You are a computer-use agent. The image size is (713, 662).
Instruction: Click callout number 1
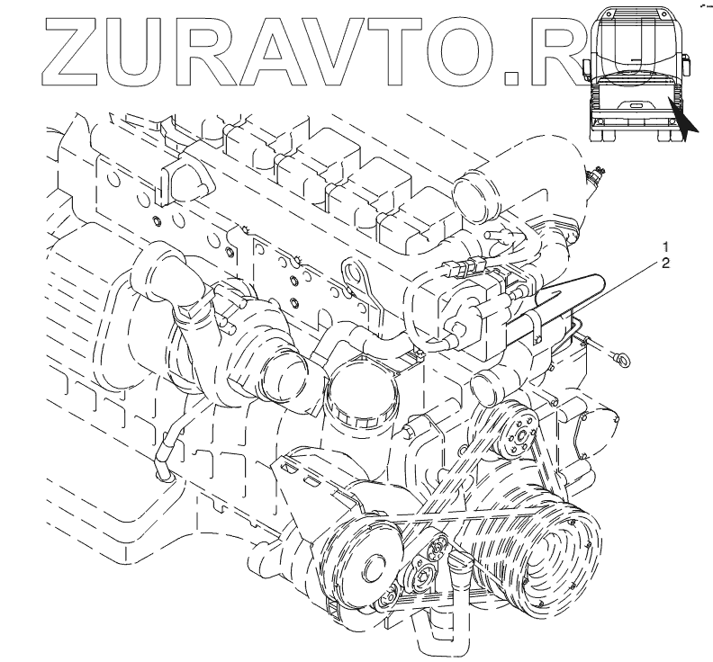click(665, 246)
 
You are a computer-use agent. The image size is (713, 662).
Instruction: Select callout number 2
click(665, 264)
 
